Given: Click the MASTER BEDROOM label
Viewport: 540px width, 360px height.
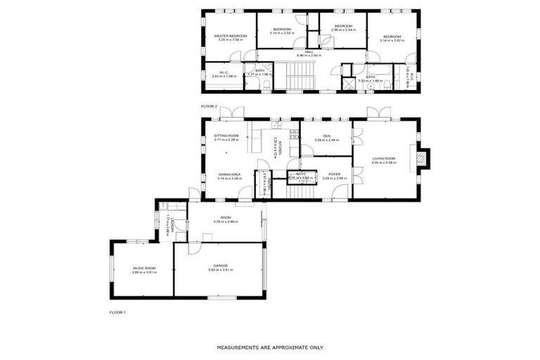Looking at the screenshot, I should [x=231, y=35].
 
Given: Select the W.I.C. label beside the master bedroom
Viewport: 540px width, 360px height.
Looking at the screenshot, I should [x=223, y=72].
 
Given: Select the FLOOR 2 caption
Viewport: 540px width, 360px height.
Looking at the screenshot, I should [x=210, y=106].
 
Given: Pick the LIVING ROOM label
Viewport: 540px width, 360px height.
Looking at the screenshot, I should [x=384, y=158].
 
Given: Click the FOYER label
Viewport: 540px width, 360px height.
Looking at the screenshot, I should [x=334, y=174].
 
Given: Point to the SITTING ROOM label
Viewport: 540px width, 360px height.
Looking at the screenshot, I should [x=226, y=136].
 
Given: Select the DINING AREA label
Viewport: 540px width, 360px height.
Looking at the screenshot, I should [x=229, y=174].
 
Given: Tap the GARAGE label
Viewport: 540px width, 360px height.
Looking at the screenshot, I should [x=222, y=265].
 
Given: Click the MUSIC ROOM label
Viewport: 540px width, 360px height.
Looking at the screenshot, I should [x=144, y=268].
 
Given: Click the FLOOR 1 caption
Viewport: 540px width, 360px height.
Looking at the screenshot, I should [x=117, y=311].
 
